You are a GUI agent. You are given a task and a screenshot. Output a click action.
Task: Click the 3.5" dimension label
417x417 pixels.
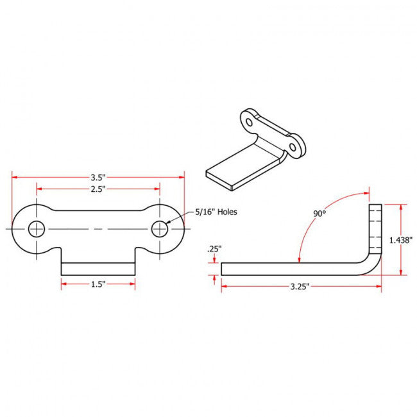tap(98, 176)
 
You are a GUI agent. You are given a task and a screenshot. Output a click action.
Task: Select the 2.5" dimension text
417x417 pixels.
tap(98, 189)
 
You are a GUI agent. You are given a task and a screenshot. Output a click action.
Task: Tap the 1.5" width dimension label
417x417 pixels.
tap(98, 283)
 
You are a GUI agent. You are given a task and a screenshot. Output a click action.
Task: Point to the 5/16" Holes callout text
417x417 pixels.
tap(212, 212)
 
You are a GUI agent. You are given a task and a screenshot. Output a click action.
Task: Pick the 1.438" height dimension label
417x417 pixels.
tap(401, 239)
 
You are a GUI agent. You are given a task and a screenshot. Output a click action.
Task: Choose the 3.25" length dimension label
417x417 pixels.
tap(300, 287)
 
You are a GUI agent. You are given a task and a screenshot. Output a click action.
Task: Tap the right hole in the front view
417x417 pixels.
tap(160, 228)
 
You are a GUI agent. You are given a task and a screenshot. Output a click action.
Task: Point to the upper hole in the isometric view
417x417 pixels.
tap(250, 120)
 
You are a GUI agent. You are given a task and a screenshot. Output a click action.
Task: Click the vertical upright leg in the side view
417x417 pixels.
tap(375, 228)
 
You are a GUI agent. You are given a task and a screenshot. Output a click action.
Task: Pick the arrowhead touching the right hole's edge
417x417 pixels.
tap(168, 222)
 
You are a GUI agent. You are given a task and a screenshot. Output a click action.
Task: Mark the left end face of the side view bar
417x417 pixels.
tap(222, 268)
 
